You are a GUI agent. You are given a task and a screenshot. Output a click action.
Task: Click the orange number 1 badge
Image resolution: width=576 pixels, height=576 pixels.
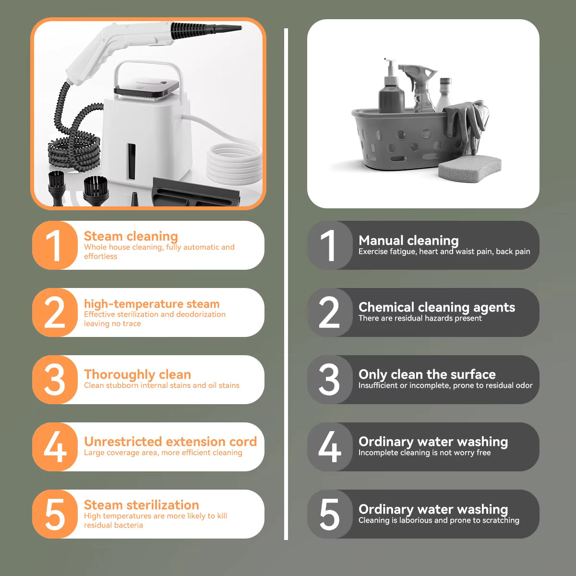pyautogui.click(x=55, y=245)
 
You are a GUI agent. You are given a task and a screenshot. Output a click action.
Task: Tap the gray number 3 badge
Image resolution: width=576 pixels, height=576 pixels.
pyautogui.click(x=330, y=380)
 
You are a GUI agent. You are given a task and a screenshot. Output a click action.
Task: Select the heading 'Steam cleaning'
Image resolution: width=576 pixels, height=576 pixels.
pyautogui.click(x=131, y=236)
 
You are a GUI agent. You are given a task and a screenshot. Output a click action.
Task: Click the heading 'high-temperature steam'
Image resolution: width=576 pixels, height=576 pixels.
pyautogui.click(x=151, y=304)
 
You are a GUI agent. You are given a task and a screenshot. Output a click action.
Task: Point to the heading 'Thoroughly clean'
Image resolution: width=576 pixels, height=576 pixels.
pyautogui.click(x=137, y=374)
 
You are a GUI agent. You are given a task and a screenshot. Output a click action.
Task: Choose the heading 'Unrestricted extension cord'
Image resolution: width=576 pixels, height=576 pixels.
pyautogui.click(x=170, y=442)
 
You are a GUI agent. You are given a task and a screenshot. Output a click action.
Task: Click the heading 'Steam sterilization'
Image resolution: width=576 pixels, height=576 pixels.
pyautogui.click(x=141, y=505)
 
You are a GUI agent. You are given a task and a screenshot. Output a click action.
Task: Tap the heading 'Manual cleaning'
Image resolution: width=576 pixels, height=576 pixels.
pyautogui.click(x=408, y=240)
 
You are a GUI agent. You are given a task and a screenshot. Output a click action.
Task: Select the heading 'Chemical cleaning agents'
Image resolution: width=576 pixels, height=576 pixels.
pyautogui.click(x=436, y=307)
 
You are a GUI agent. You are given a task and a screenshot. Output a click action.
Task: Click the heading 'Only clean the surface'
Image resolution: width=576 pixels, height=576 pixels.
pyautogui.click(x=427, y=374)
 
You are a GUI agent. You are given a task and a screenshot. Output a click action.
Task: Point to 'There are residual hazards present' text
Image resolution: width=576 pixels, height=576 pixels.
pyautogui.click(x=420, y=318)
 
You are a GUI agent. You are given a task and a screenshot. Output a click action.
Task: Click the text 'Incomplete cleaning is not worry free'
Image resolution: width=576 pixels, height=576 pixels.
pyautogui.click(x=424, y=453)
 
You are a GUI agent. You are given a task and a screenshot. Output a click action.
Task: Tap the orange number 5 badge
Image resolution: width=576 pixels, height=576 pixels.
pyautogui.click(x=55, y=514)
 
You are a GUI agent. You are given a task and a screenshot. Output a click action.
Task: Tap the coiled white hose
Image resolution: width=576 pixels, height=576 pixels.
pyautogui.click(x=234, y=161)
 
